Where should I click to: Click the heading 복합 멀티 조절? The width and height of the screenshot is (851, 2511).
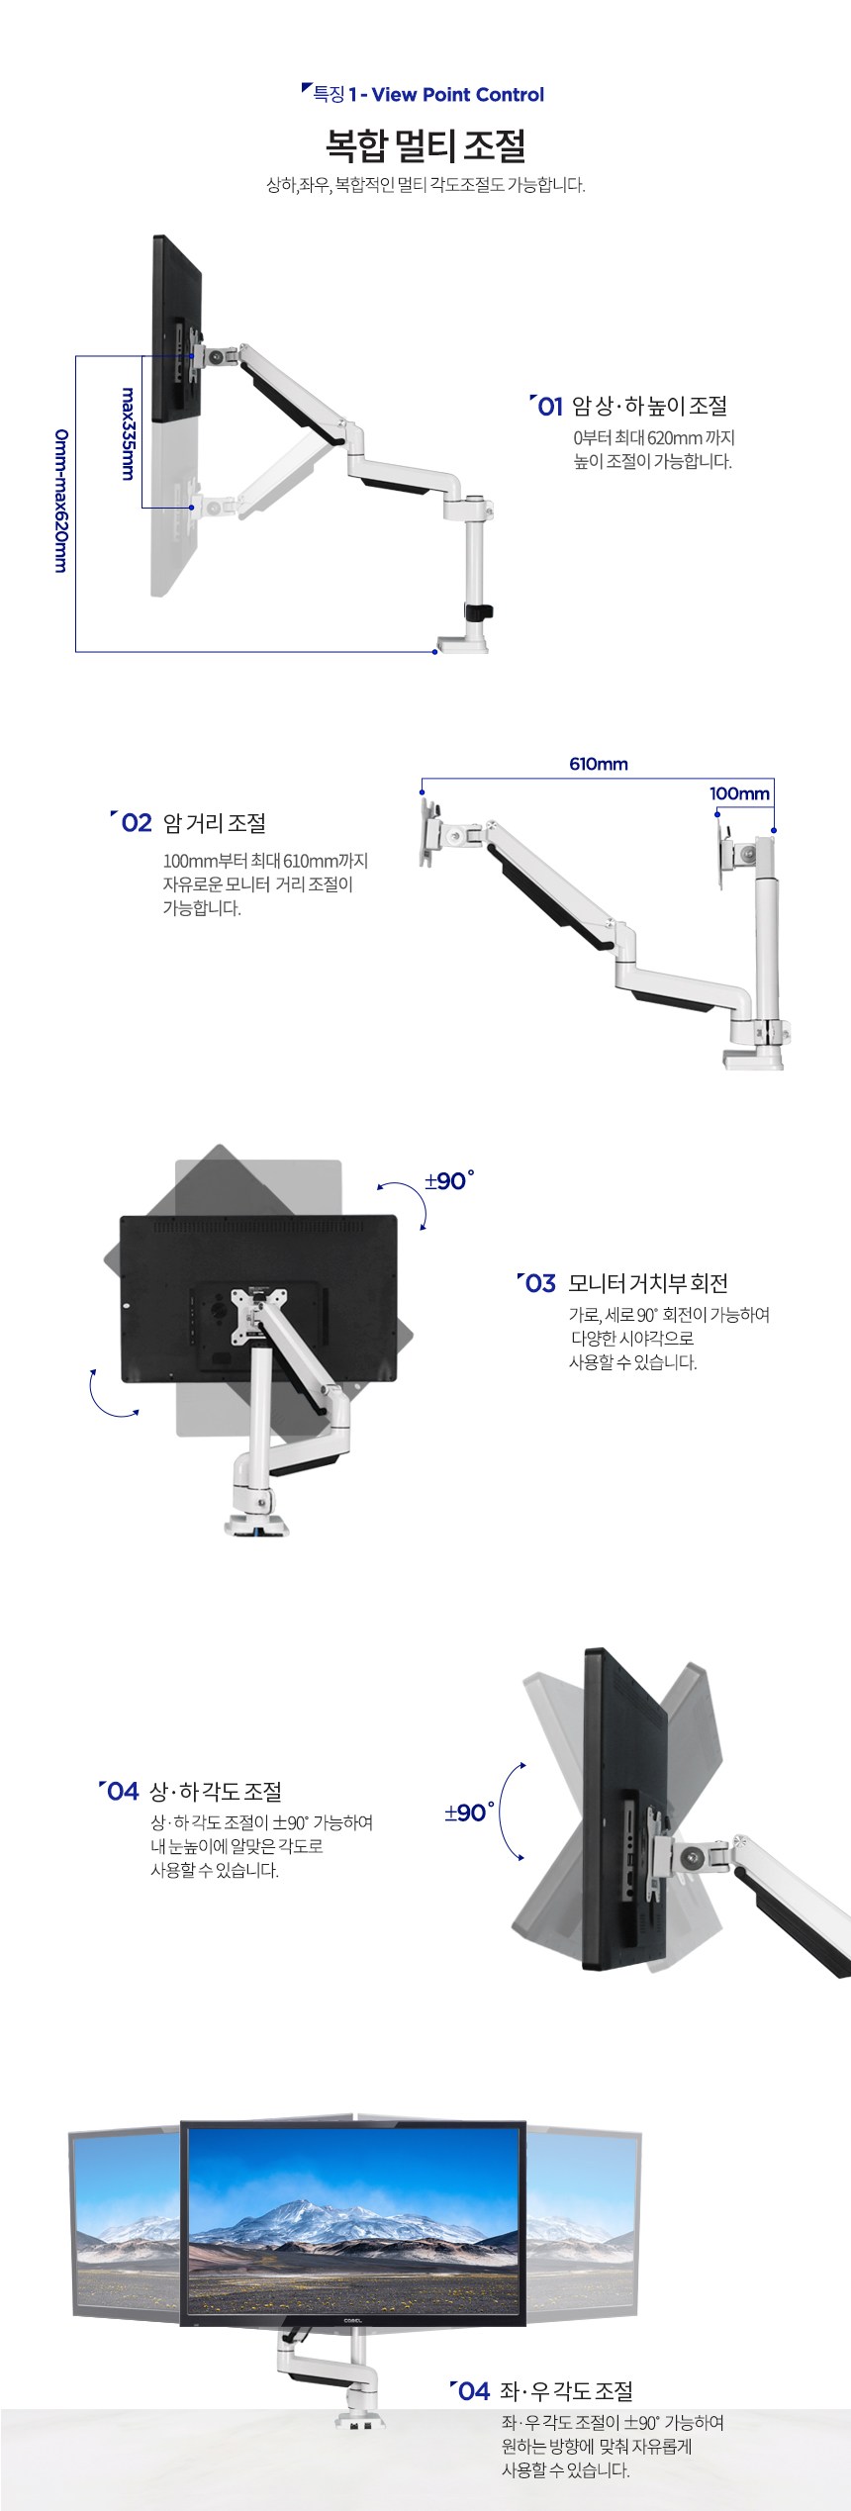coord(425,146)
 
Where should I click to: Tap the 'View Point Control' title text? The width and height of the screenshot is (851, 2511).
coord(458,95)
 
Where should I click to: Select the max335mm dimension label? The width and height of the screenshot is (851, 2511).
coord(128,433)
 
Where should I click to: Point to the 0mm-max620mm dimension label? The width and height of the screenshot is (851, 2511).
coord(61,501)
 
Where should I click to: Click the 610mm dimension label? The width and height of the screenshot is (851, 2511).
coord(599,764)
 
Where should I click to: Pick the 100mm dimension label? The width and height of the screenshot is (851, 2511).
coord(739,793)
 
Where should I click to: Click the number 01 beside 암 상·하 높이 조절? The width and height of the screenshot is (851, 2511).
coord(549,406)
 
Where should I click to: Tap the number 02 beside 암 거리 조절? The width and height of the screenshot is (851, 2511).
coord(136,823)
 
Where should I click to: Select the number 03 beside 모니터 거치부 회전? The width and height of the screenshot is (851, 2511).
coord(540,1283)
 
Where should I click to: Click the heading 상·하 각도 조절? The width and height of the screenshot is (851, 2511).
coord(216,1791)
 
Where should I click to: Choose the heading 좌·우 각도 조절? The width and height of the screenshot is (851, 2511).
coord(566,2390)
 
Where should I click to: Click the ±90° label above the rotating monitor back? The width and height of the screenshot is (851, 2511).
coord(449,1180)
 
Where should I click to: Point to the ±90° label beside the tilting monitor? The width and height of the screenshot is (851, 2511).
coord(470,1813)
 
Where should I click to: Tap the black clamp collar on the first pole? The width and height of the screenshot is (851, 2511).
coord(480,611)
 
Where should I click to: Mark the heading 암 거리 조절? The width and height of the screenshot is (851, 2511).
coord(214,823)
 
